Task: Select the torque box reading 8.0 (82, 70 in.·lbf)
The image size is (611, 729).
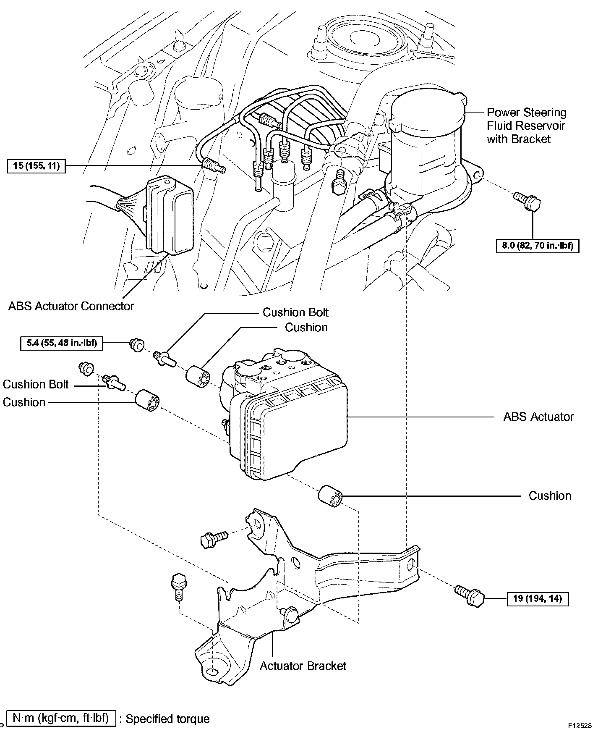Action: click(x=538, y=245)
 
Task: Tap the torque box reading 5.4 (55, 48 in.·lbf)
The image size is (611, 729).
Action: click(x=62, y=343)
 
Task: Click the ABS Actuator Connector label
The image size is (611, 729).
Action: click(x=71, y=306)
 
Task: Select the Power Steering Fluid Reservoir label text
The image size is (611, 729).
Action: click(x=526, y=126)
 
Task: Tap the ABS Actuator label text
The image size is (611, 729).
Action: click(x=538, y=417)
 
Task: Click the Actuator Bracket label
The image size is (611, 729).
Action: click(x=303, y=666)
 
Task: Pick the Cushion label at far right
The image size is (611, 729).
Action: click(x=550, y=496)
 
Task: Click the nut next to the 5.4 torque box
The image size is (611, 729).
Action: click(x=136, y=344)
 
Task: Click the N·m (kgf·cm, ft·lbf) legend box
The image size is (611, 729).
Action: click(x=61, y=718)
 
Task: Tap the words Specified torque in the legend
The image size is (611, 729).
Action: click(x=167, y=719)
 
